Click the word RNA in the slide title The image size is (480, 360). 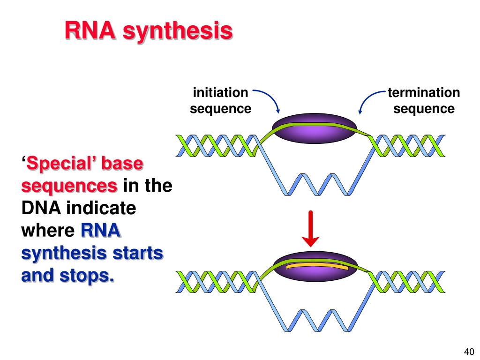click(x=90, y=30)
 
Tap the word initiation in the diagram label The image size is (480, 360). click(x=220, y=92)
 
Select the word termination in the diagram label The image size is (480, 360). click(x=424, y=92)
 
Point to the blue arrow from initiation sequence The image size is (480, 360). click(x=271, y=97)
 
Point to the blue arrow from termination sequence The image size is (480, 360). click(x=367, y=97)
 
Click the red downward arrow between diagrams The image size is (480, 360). click(x=310, y=229)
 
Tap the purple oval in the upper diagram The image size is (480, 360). click(x=315, y=128)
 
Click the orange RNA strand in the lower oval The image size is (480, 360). click(x=317, y=266)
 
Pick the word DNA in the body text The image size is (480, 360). click(x=41, y=208)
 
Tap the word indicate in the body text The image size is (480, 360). click(x=101, y=208)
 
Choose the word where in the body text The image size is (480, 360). click(x=48, y=231)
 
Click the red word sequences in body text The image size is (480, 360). click(x=69, y=186)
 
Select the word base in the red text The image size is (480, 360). click(x=122, y=164)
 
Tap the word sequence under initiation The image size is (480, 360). click(x=220, y=109)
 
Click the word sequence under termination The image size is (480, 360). click(x=424, y=109)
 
